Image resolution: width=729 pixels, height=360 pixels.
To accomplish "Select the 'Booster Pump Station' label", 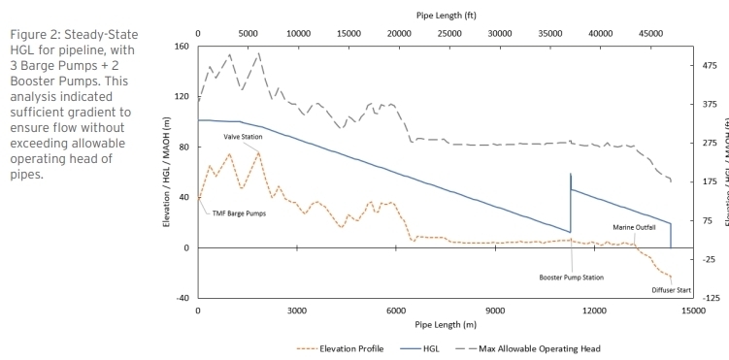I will (572, 277).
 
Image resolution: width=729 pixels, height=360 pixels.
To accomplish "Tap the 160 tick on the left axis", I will (182, 47).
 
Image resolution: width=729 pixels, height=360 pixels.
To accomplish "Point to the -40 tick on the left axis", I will (182, 298).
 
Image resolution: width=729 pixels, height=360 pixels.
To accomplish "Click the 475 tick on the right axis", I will (711, 66).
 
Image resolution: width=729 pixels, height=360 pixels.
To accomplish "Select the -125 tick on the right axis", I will (711, 298).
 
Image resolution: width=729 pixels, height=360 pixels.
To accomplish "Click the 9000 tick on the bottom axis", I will (495, 311).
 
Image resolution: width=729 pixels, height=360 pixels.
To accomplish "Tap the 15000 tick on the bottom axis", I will (693, 311).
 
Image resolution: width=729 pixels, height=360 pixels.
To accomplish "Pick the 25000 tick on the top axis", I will (448, 32).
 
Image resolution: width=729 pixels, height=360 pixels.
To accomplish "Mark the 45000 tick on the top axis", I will (648, 32).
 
